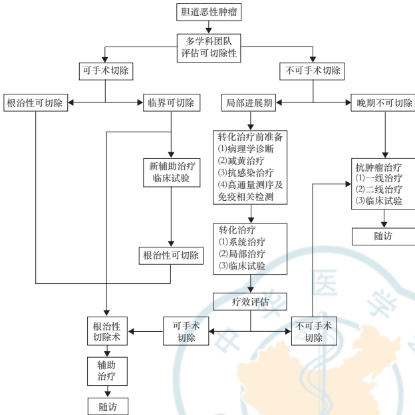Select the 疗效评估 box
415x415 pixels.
tap(250, 300)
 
